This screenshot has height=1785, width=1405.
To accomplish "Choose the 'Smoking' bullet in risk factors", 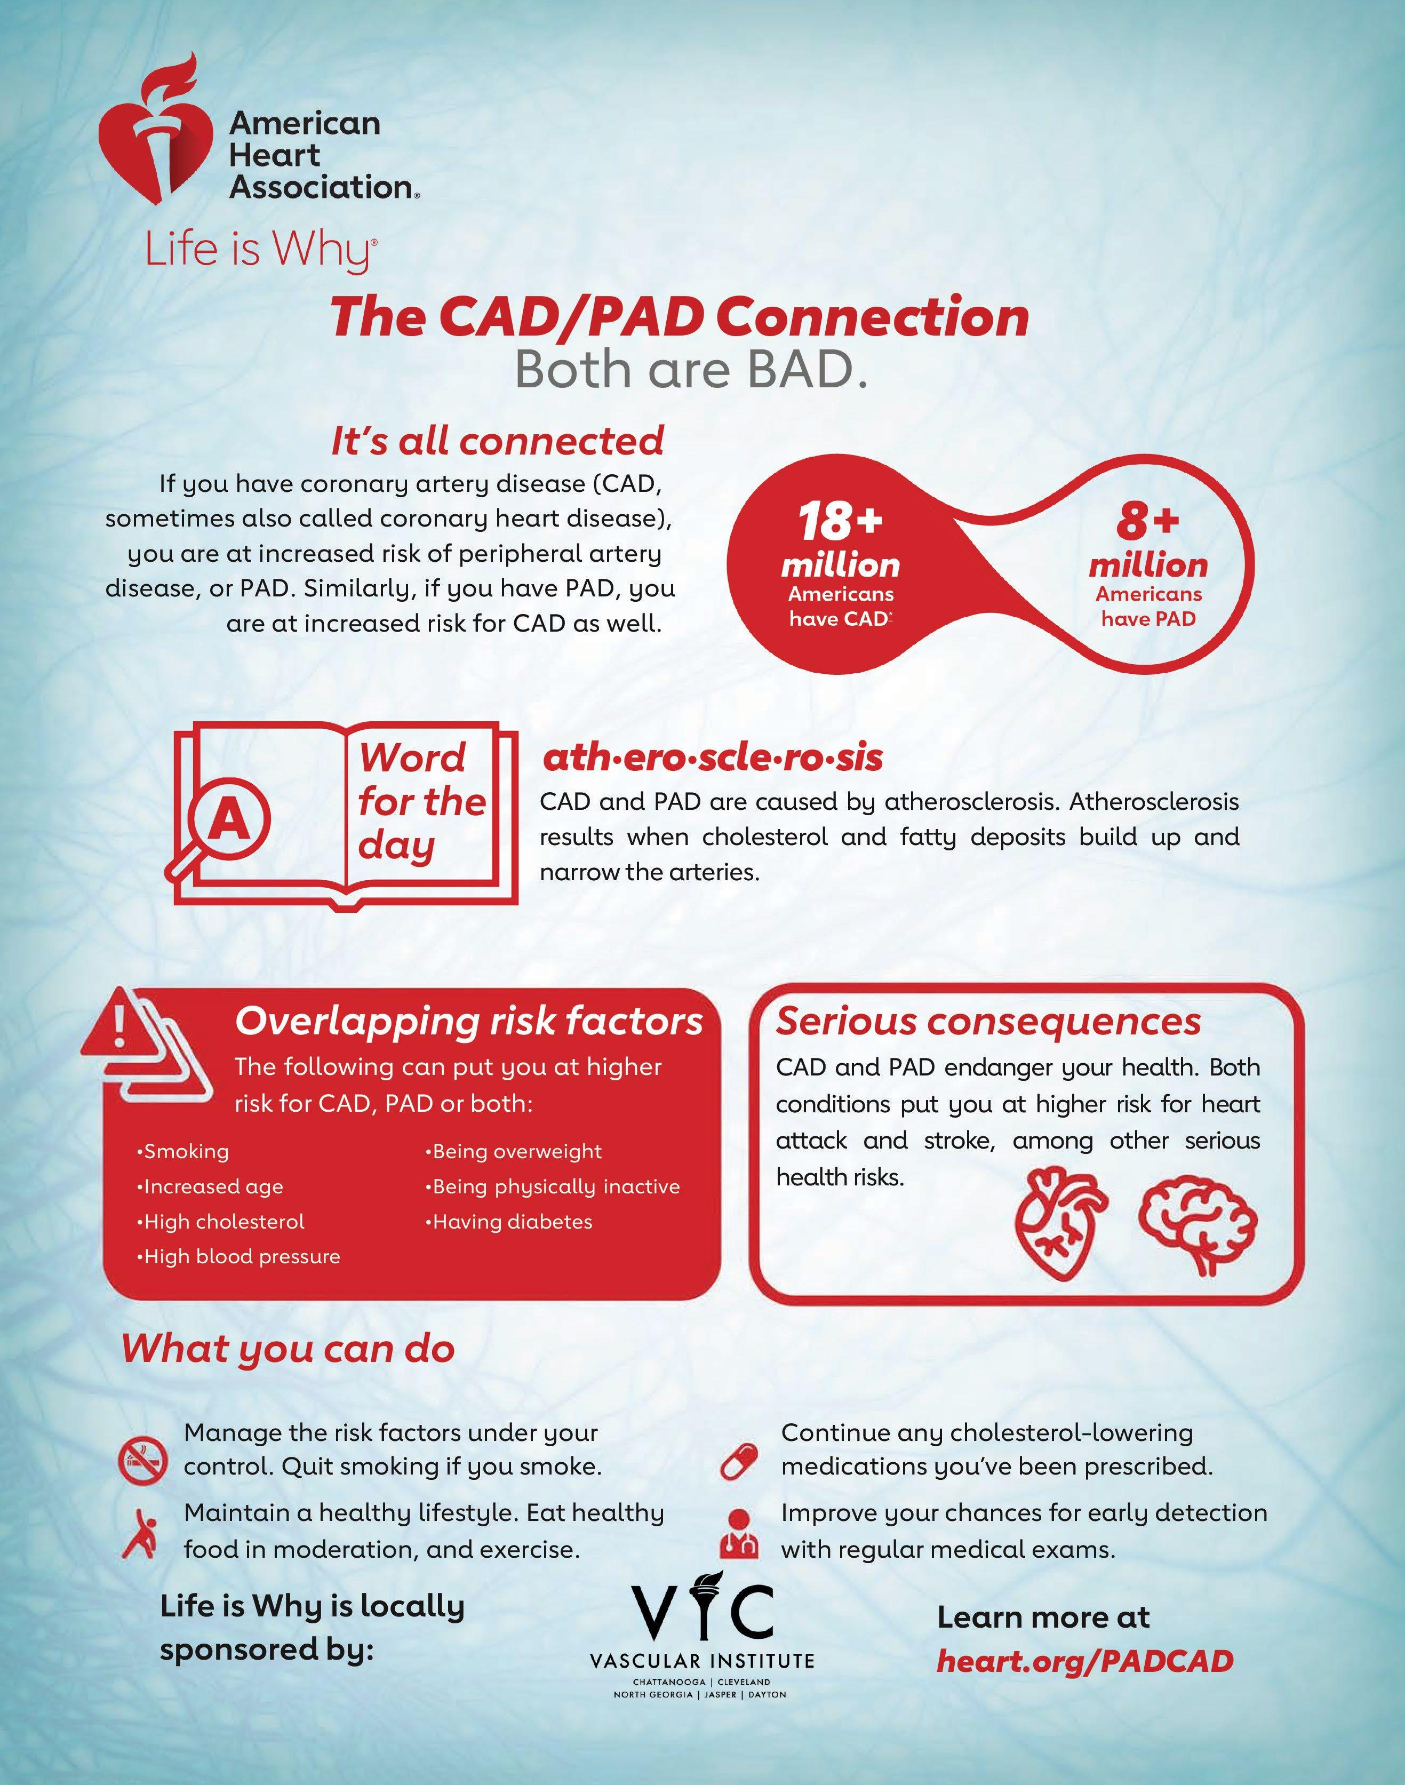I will (x=182, y=1151).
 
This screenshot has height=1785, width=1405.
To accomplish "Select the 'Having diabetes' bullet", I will (x=509, y=1222).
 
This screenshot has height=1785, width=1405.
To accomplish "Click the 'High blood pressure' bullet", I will (x=238, y=1256).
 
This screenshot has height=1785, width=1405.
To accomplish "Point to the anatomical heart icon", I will (x=1061, y=1225).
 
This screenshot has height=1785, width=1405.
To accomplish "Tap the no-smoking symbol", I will (x=143, y=1460).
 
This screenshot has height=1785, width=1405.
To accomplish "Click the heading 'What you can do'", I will (x=288, y=1349).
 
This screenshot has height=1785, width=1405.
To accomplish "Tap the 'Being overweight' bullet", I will (x=514, y=1151).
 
